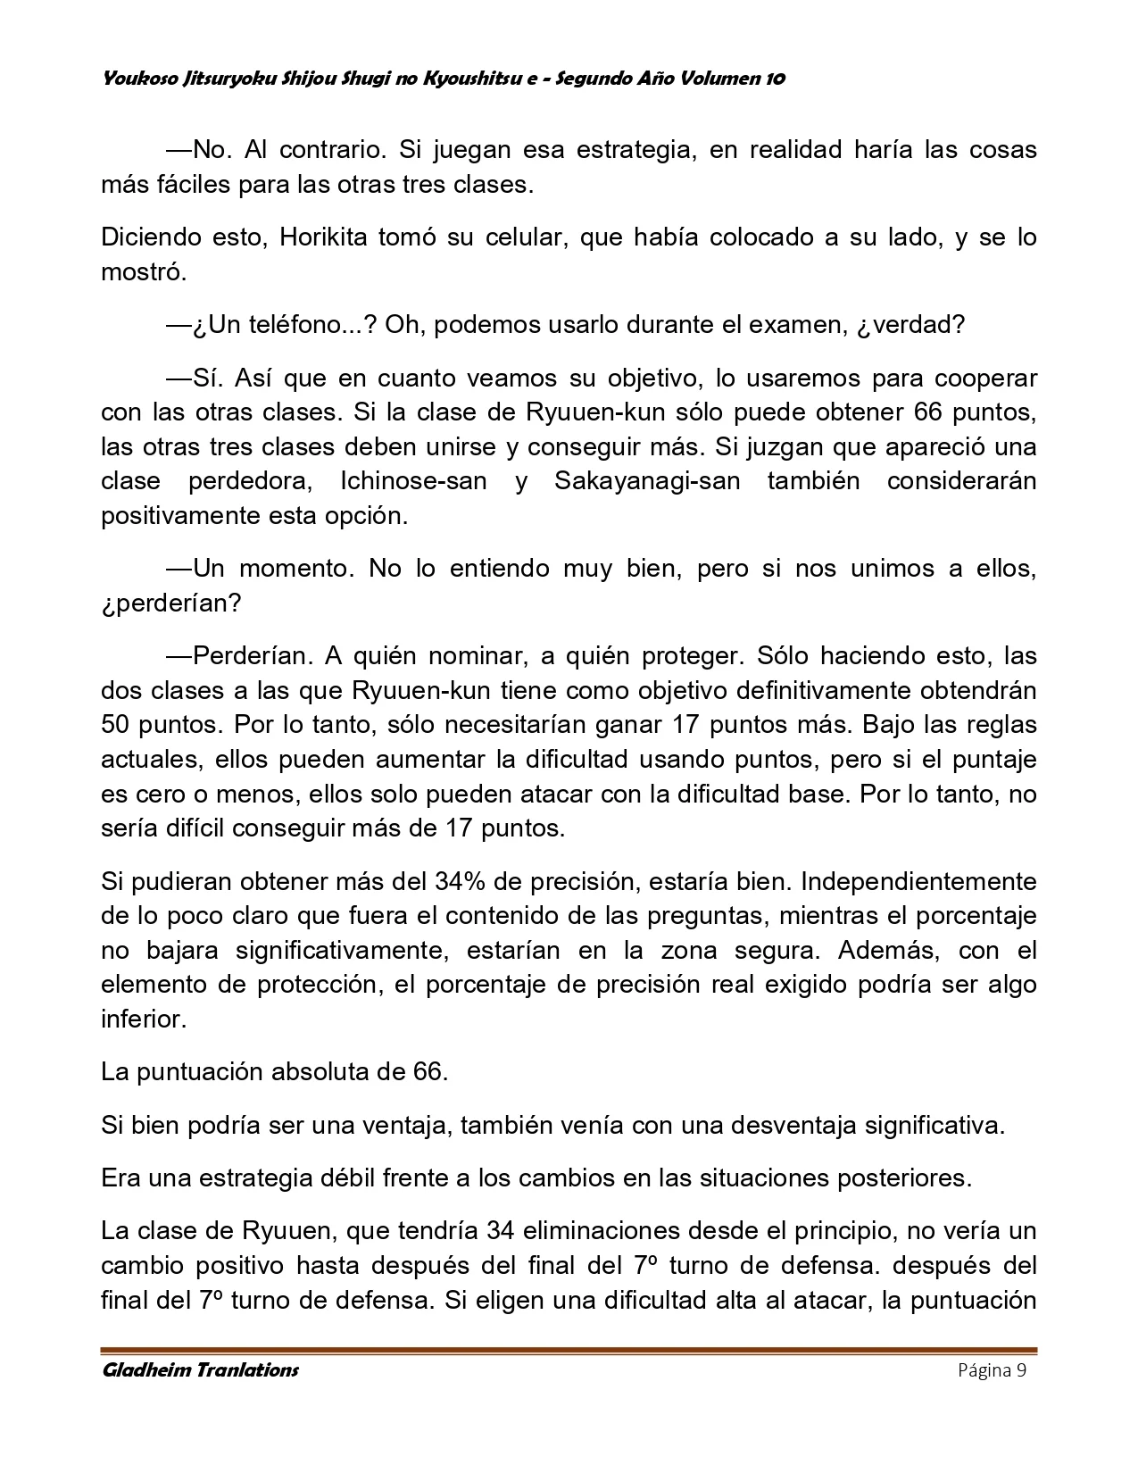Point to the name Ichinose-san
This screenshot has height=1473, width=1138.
click(413, 482)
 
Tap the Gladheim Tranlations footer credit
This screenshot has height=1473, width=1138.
click(201, 1370)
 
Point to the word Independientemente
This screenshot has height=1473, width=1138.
click(919, 882)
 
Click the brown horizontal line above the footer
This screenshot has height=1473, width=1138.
click(569, 1350)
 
